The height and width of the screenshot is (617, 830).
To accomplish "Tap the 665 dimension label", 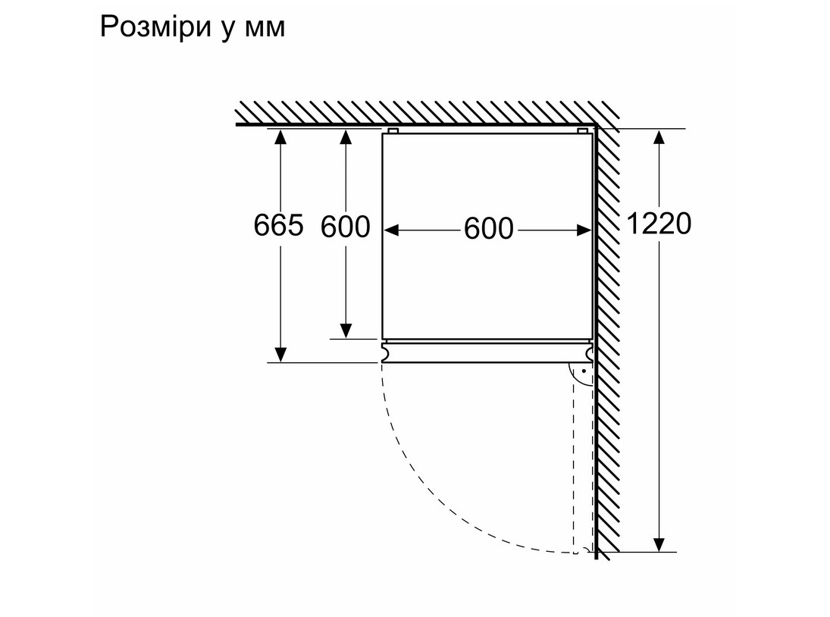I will [279, 225].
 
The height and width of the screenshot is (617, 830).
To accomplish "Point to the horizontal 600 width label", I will [489, 228].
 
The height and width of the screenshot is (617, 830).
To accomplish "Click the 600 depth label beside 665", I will [346, 226].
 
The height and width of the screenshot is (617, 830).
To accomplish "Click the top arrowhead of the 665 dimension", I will [280, 136].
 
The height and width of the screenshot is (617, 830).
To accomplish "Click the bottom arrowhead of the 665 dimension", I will [280, 354].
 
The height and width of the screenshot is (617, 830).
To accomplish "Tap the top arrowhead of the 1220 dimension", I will [659, 136].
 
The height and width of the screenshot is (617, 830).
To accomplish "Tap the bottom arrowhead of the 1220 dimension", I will [659, 543].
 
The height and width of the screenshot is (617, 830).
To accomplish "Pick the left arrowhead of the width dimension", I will [392, 228].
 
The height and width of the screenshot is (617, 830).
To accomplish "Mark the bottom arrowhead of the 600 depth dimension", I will [346, 330].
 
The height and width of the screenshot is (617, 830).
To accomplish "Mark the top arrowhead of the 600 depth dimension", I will [346, 136].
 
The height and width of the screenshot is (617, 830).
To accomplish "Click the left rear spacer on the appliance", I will [393, 131].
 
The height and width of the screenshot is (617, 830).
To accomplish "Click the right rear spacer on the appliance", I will [582, 131].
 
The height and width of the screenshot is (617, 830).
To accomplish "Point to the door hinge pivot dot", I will [584, 371].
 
